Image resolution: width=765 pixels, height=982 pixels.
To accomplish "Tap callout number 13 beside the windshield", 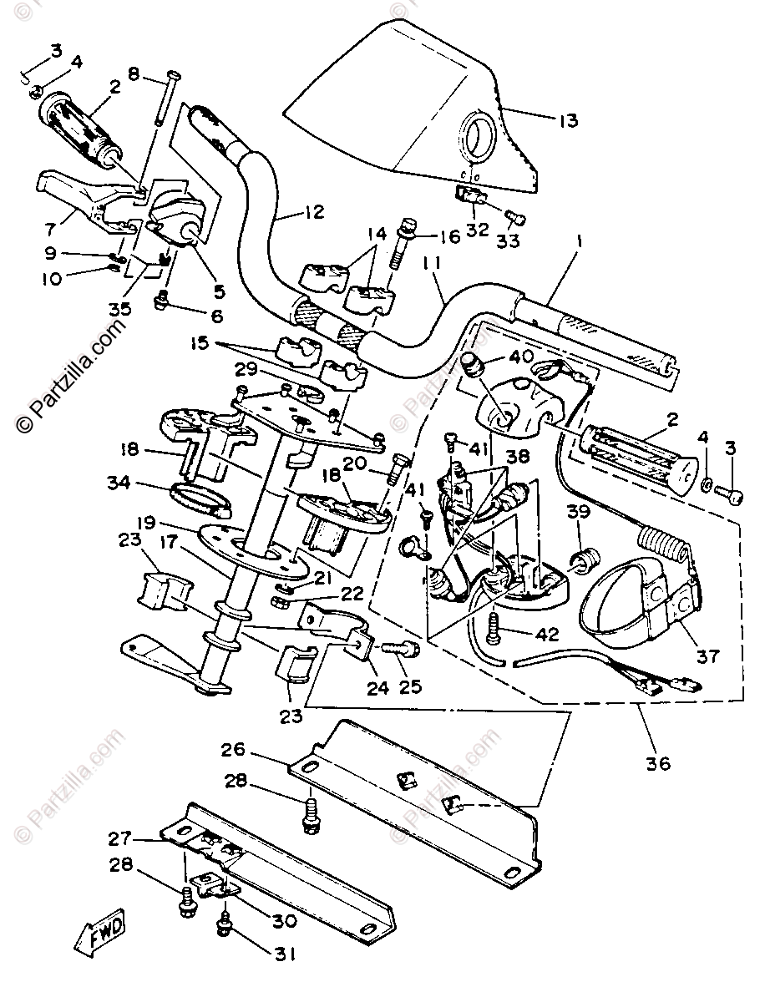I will click(568, 120).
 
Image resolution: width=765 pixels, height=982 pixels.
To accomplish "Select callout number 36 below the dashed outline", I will click(658, 762).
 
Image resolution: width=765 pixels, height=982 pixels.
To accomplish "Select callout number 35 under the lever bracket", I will click(120, 308).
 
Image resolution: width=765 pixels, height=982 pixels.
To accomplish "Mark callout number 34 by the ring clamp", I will click(119, 481).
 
